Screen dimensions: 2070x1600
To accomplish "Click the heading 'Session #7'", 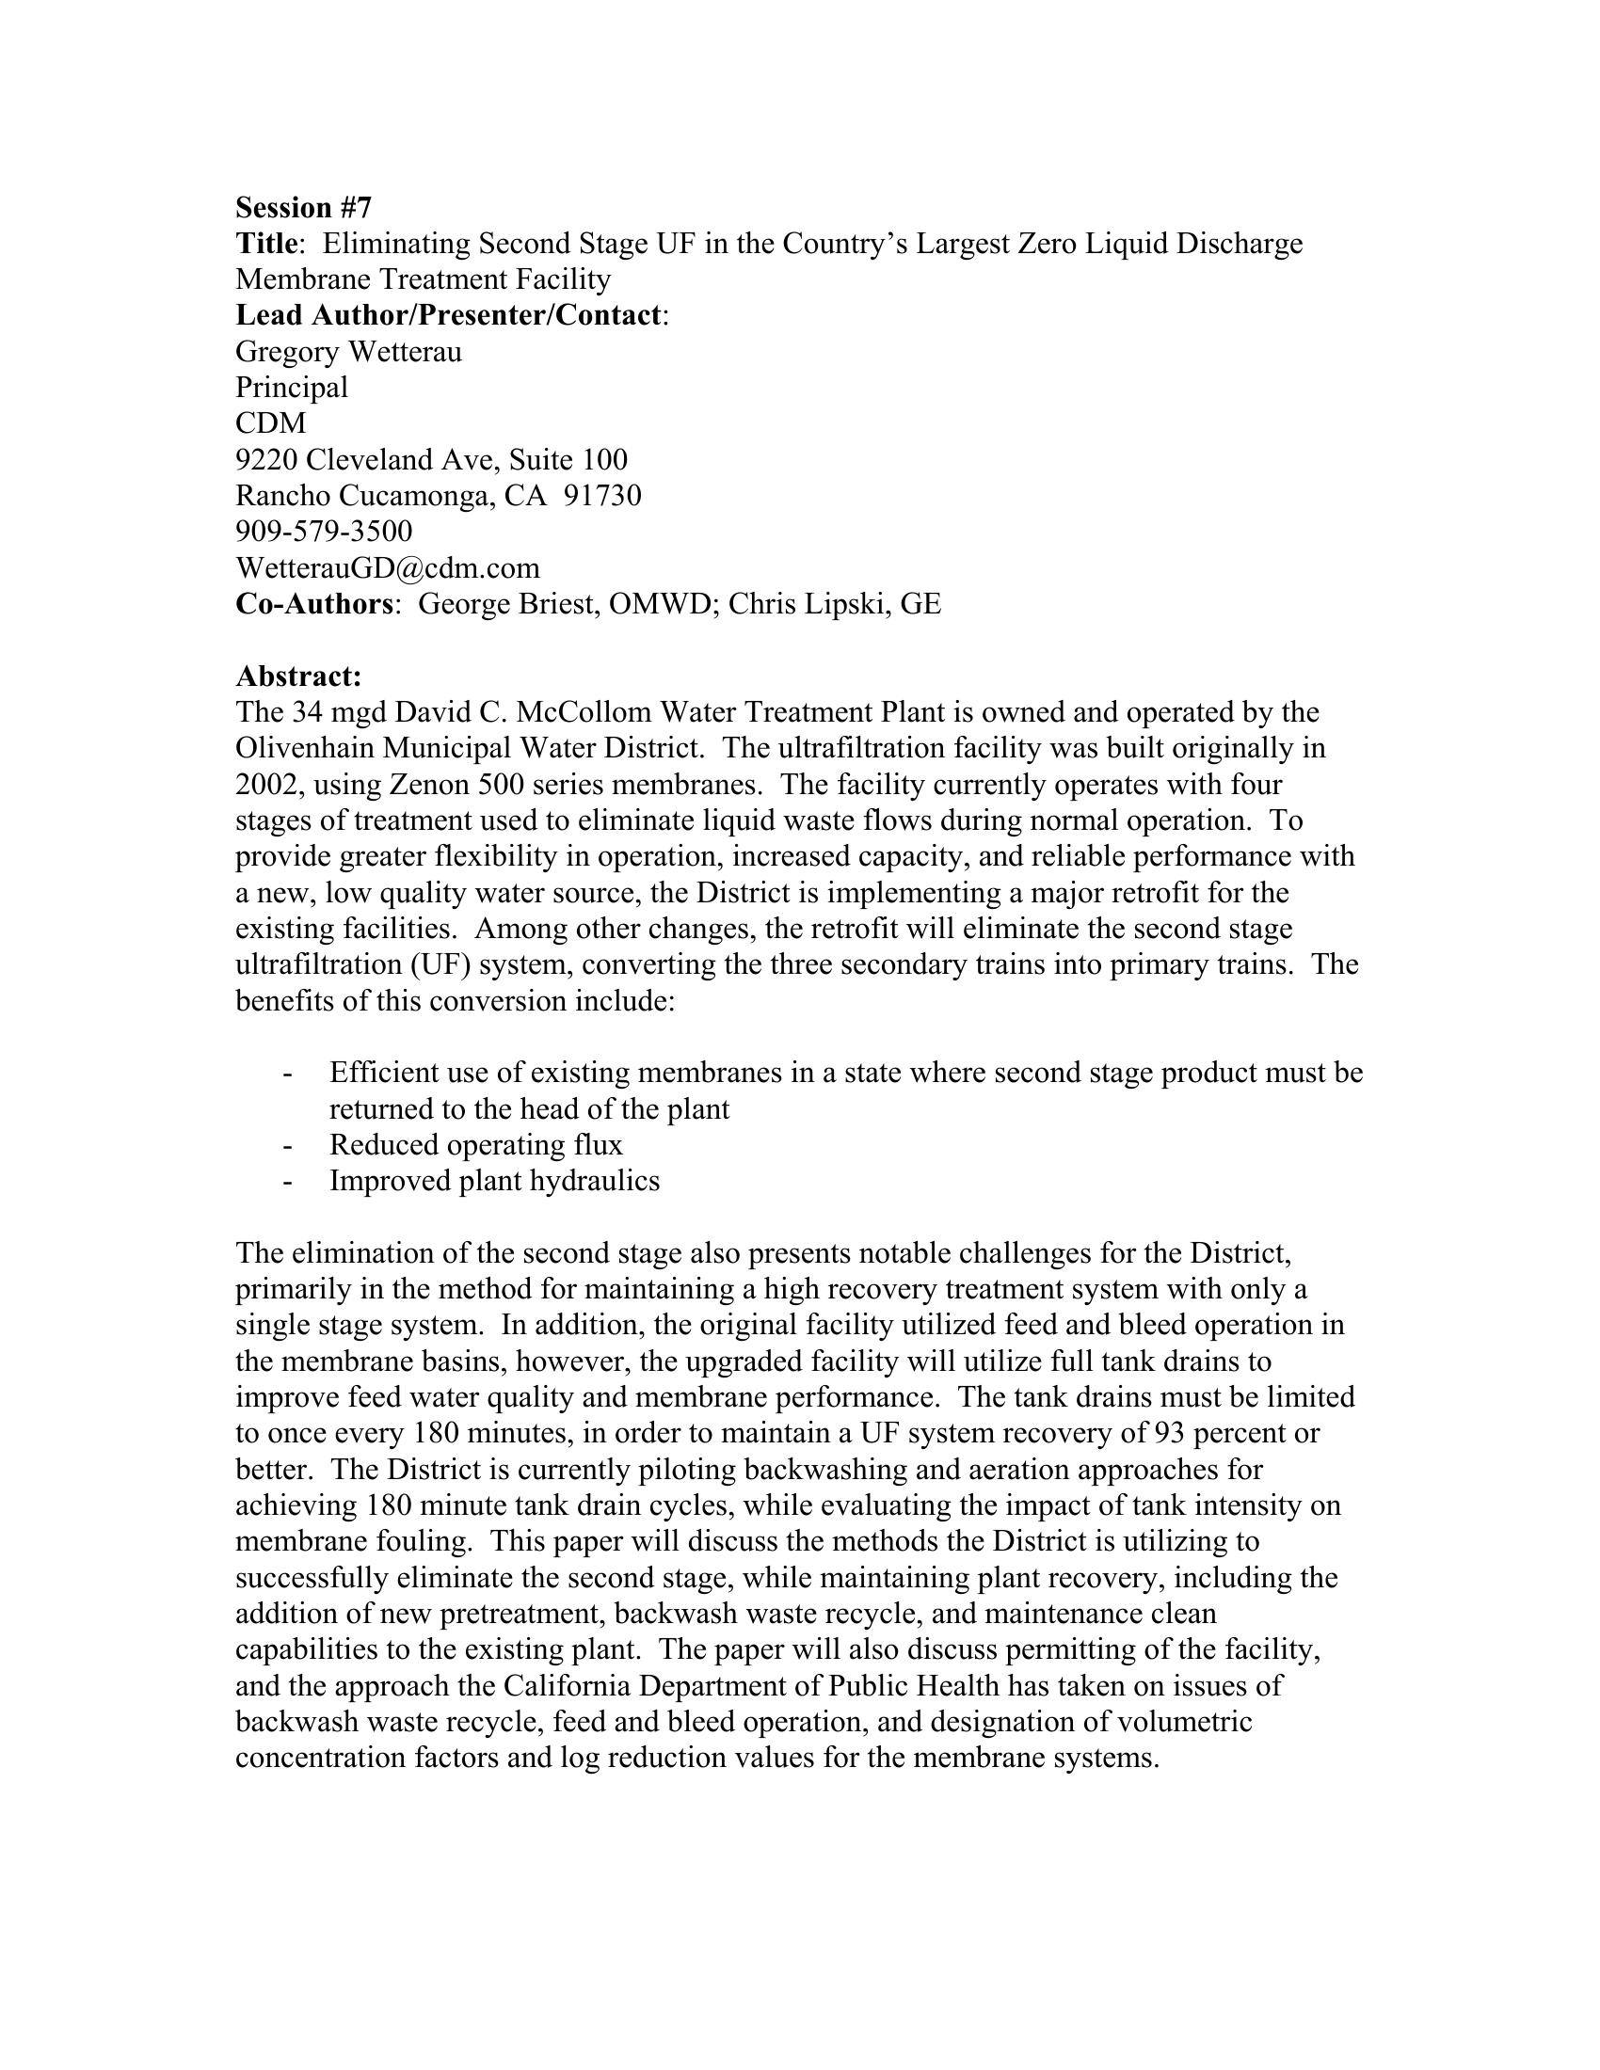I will pos(303,208).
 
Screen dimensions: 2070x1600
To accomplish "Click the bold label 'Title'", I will pos(266,244).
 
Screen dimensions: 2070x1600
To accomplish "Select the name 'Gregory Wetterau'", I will pos(348,352).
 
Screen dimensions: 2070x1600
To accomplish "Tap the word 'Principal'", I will pos(291,388).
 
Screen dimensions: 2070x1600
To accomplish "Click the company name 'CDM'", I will pos(271,423).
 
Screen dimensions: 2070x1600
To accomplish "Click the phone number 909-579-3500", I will pos(323,532).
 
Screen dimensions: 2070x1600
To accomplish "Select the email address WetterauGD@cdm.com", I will pos(387,567).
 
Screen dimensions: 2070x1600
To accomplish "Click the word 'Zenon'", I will pos(429,785).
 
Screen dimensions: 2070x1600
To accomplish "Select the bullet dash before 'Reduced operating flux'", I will pos(286,1146).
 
